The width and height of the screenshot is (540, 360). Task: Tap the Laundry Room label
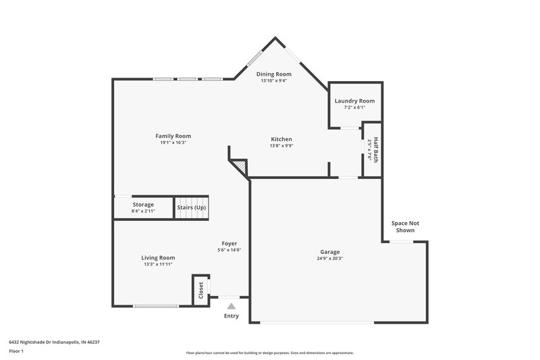coord(354,101)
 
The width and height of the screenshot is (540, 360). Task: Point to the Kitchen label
coord(281,139)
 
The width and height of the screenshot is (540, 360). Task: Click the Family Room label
coord(173,136)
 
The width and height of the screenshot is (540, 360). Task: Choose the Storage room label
coord(143,204)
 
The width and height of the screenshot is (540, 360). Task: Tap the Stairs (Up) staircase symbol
coord(192,207)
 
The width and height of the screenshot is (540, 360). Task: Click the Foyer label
coord(230,243)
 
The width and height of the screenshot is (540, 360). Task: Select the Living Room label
coord(158,257)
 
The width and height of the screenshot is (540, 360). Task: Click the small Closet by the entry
coord(200,290)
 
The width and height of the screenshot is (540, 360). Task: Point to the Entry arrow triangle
coord(231,305)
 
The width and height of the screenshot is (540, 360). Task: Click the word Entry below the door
coord(231,315)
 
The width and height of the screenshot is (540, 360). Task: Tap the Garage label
coord(330,251)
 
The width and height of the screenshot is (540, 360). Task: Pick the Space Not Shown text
coord(405,226)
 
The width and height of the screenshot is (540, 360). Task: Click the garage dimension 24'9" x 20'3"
coord(330,258)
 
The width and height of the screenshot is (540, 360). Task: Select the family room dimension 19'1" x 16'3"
coord(173,143)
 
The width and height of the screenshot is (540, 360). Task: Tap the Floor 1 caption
coord(17,352)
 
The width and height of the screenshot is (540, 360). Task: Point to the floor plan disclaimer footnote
coord(270,353)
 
